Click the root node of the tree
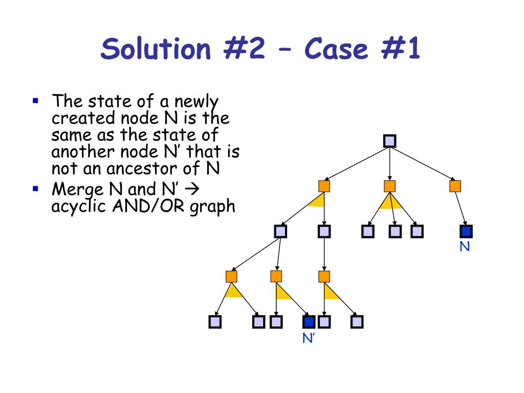(390, 141)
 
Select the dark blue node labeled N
(466, 232)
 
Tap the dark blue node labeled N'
(309, 322)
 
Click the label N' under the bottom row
(308, 338)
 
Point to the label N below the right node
(464, 247)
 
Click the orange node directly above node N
(455, 186)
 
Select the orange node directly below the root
(390, 186)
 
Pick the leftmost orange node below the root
(324, 186)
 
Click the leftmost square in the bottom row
(215, 322)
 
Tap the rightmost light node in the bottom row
(357, 322)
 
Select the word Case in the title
(336, 50)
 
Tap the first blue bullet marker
(35, 100)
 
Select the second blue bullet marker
(35, 189)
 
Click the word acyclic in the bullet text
(76, 207)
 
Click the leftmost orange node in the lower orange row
(231, 277)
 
